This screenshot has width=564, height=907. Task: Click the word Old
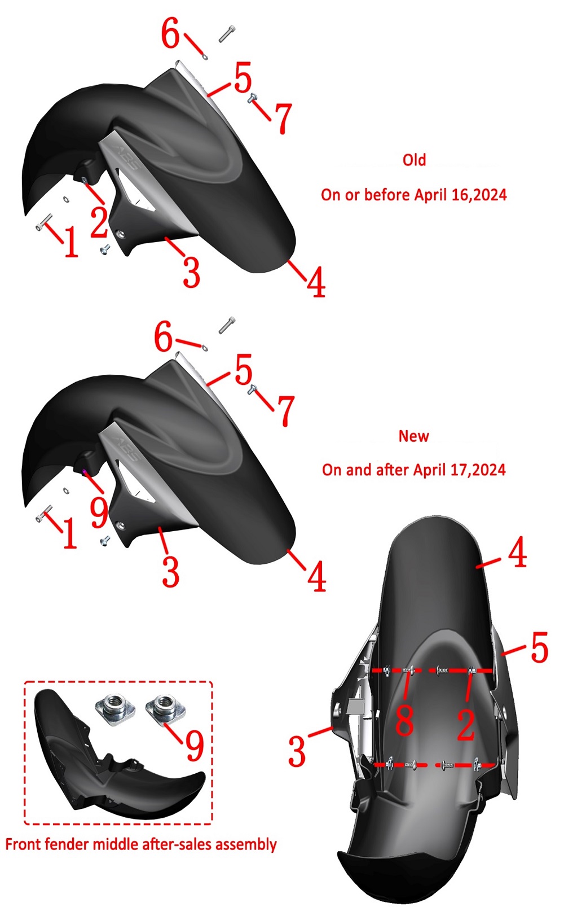[414, 160]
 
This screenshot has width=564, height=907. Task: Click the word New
[413, 436]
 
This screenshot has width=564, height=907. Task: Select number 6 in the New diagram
[164, 337]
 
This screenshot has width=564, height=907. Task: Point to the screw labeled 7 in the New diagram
[252, 389]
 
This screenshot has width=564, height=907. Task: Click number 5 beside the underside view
[539, 647]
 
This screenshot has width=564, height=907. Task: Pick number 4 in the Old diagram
[316, 282]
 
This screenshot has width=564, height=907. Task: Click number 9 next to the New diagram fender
[99, 513]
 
